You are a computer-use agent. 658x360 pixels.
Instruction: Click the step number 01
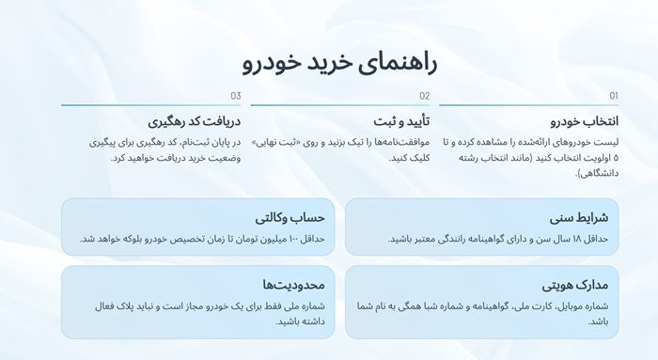[x=613, y=96]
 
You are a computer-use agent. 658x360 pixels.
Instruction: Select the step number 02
[x=424, y=96]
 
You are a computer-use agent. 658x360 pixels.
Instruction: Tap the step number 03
[x=235, y=96]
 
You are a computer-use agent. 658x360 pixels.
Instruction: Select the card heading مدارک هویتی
[x=575, y=284]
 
